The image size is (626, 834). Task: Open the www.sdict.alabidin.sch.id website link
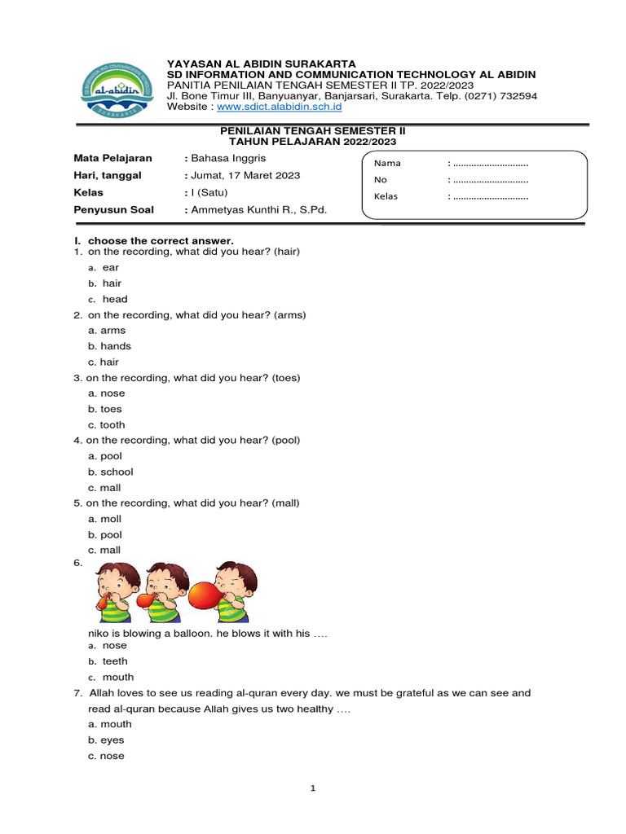pyautogui.click(x=280, y=107)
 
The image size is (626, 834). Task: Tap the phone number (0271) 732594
pyautogui.click(x=500, y=95)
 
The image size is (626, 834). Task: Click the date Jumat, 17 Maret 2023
pyautogui.click(x=245, y=175)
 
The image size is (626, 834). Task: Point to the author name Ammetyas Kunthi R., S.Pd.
pyautogui.click(x=258, y=209)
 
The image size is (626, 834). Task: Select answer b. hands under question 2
pyautogui.click(x=109, y=346)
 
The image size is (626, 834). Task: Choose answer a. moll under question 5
pyautogui.click(x=105, y=519)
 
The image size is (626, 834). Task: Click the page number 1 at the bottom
pyautogui.click(x=313, y=788)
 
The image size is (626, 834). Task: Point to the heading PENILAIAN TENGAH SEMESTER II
pyautogui.click(x=314, y=131)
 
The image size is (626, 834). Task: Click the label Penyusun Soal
pyautogui.click(x=113, y=209)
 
